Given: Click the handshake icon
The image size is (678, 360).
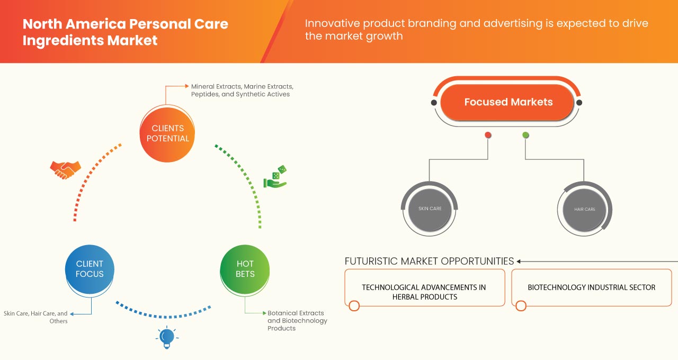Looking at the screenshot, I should point(65,169).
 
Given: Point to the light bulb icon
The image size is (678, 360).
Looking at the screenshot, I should point(167,337).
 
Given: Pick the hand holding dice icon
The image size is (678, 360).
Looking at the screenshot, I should point(275,177).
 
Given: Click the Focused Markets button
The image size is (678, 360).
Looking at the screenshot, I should point(507,102).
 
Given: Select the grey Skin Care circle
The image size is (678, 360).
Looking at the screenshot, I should point(430,209).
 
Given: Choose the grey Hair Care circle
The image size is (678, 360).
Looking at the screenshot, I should point(585,209).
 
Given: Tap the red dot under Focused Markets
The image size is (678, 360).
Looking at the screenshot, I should point(488,136).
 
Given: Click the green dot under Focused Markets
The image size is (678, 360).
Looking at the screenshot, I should point(525,136).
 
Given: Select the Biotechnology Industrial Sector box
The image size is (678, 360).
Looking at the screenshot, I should point(591,287).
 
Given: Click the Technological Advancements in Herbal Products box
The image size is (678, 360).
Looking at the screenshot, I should point(424,292).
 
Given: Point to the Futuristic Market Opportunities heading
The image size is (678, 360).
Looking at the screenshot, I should point(429,261).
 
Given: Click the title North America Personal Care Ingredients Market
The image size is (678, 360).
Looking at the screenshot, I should point(125,32).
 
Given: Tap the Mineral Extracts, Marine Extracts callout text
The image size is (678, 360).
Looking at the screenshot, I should point(242,90).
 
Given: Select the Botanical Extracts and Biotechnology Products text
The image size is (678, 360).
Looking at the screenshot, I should point(297,320).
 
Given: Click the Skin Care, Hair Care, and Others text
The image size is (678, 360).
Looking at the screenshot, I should point(36,317).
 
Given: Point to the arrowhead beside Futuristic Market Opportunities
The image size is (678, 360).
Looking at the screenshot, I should point(519,262).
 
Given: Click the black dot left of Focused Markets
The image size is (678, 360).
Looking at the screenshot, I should point(434,103).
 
